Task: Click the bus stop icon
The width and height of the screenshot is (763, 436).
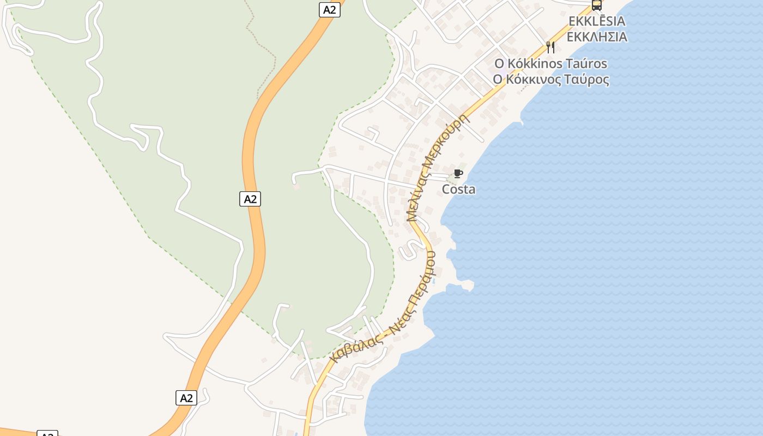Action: (597, 5)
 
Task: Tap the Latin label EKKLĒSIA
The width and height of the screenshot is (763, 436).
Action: (597, 21)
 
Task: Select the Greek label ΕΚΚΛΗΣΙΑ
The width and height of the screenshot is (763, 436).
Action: (597, 37)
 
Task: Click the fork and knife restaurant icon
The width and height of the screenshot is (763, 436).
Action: (550, 47)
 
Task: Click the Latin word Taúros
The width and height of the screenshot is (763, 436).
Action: (588, 64)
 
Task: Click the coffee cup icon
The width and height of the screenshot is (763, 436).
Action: (458, 174)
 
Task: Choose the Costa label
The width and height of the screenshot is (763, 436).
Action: (458, 190)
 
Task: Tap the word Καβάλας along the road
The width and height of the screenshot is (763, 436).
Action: (355, 345)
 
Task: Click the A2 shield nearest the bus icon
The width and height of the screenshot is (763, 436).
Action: (329, 9)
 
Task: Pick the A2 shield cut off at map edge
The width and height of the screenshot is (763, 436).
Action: (47, 434)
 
